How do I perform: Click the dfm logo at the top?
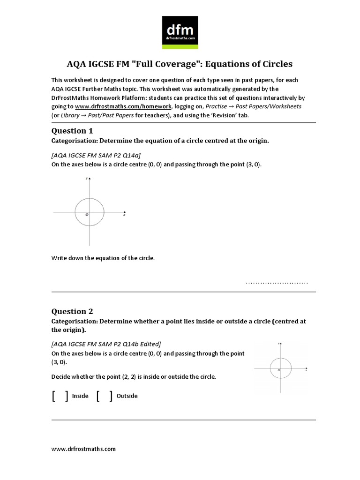click(x=180, y=33)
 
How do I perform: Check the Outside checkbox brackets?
click(x=104, y=396)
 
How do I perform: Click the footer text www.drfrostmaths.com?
click(x=83, y=449)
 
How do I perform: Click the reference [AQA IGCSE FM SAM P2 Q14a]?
click(x=96, y=155)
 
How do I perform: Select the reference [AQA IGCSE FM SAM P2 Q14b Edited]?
click(x=106, y=344)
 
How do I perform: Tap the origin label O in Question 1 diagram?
click(x=86, y=215)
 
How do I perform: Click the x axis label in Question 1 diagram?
click(x=124, y=215)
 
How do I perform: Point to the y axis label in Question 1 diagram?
click(x=86, y=179)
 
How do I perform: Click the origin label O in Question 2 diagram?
click(x=279, y=370)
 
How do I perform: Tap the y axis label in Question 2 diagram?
click(x=278, y=344)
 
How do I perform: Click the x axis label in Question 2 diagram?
click(x=306, y=370)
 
